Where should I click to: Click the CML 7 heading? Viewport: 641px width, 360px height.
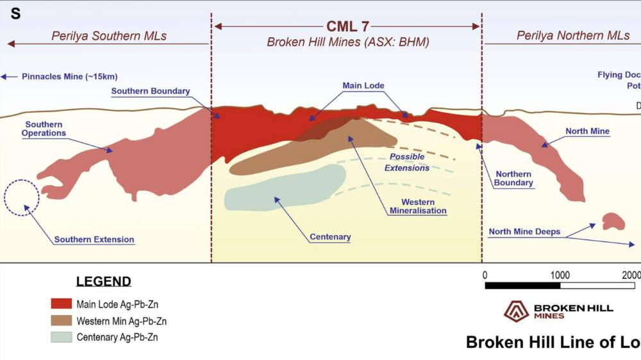pos(347,26)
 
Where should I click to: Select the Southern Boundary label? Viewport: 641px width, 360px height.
pos(151,92)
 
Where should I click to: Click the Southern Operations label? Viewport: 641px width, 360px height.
pos(44,129)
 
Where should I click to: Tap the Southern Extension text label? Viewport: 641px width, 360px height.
pos(94,240)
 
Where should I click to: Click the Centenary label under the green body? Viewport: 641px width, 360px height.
pos(330,237)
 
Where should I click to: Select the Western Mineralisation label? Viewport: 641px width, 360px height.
pos(418,206)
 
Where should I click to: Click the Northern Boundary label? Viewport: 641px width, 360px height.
pos(513,178)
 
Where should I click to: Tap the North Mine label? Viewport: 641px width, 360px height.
pos(587,131)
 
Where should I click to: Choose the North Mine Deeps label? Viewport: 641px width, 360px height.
pos(524,232)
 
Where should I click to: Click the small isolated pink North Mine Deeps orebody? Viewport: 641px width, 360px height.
pos(613,221)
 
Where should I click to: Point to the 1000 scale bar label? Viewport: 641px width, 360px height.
pos(560,275)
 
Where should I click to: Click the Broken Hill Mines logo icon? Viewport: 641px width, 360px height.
pos(516,311)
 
